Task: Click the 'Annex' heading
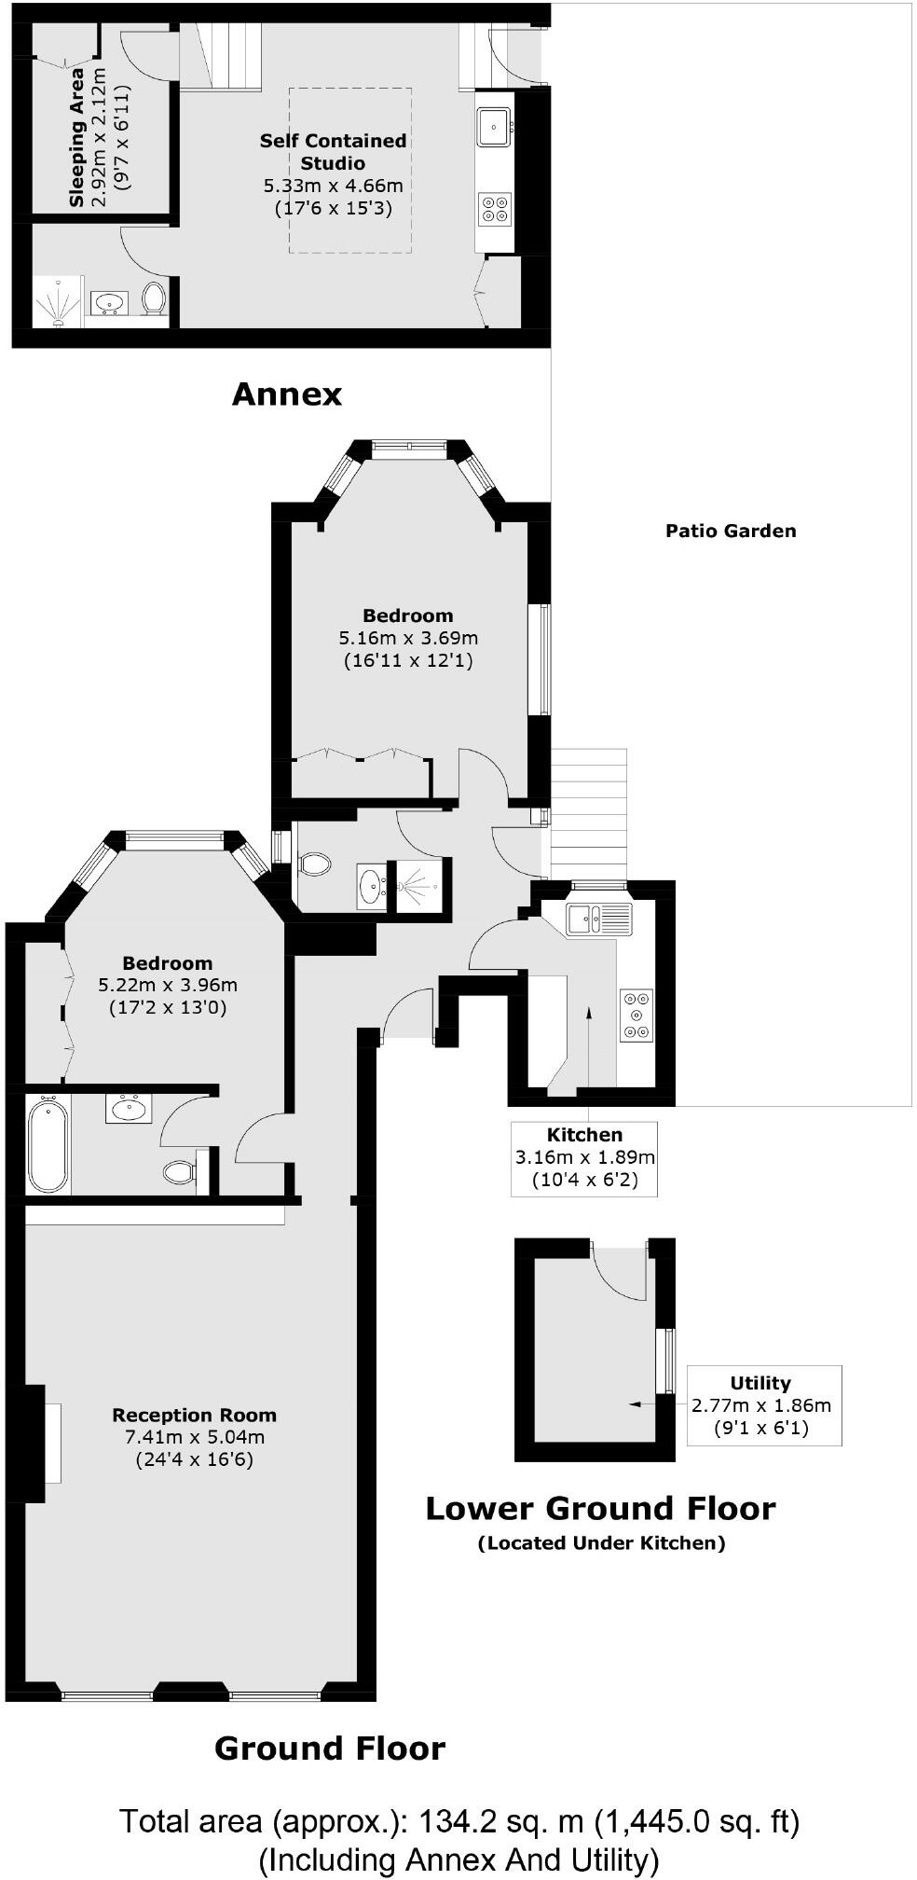(x=286, y=394)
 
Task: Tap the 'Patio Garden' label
(x=731, y=531)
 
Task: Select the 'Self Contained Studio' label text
(x=333, y=151)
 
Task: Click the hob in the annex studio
(x=494, y=207)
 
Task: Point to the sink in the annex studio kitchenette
(x=493, y=126)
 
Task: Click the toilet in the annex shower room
(x=154, y=298)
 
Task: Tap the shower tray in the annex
(x=58, y=302)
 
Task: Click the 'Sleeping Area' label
(x=76, y=137)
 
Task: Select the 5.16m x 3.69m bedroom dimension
(x=407, y=639)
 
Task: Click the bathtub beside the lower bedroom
(x=48, y=1146)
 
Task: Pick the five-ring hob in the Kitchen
(x=636, y=1014)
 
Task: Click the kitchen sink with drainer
(x=599, y=919)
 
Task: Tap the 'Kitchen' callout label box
(x=584, y=1158)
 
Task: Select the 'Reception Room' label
(x=194, y=1415)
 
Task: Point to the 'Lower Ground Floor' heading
(x=600, y=1508)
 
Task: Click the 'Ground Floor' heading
(x=330, y=1748)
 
